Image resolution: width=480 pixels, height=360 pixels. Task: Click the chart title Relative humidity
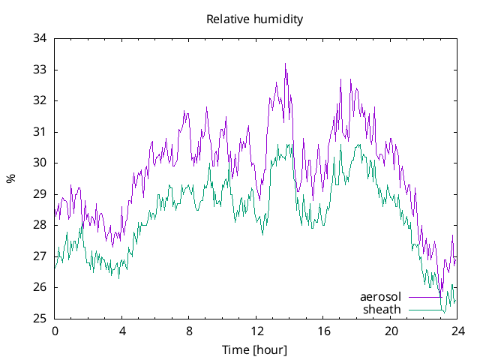coord(254,19)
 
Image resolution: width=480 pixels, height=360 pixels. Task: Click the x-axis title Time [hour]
coord(254,350)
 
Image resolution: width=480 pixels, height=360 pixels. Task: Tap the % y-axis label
coord(10,178)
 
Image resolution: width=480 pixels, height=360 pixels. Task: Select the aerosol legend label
coord(381,296)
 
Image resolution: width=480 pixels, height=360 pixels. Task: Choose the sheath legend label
coord(382,309)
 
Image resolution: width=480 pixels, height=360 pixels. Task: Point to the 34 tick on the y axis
coord(40,38)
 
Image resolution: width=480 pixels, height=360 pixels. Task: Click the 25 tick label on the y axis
coord(40,319)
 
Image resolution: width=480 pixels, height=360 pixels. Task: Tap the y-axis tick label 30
coord(40,163)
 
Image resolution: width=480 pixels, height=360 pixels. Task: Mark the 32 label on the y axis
coord(40,100)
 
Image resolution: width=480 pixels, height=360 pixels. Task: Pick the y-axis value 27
coord(40,256)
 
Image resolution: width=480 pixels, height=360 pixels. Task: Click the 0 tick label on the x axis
coord(55,331)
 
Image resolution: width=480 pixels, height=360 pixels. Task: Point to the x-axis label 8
coord(189,331)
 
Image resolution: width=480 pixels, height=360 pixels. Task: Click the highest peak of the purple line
coord(286,64)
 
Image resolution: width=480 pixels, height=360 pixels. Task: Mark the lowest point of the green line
coord(444,311)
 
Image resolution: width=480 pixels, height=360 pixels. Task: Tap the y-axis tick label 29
coord(40,194)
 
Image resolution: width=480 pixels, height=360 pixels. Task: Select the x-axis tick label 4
coord(122,331)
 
